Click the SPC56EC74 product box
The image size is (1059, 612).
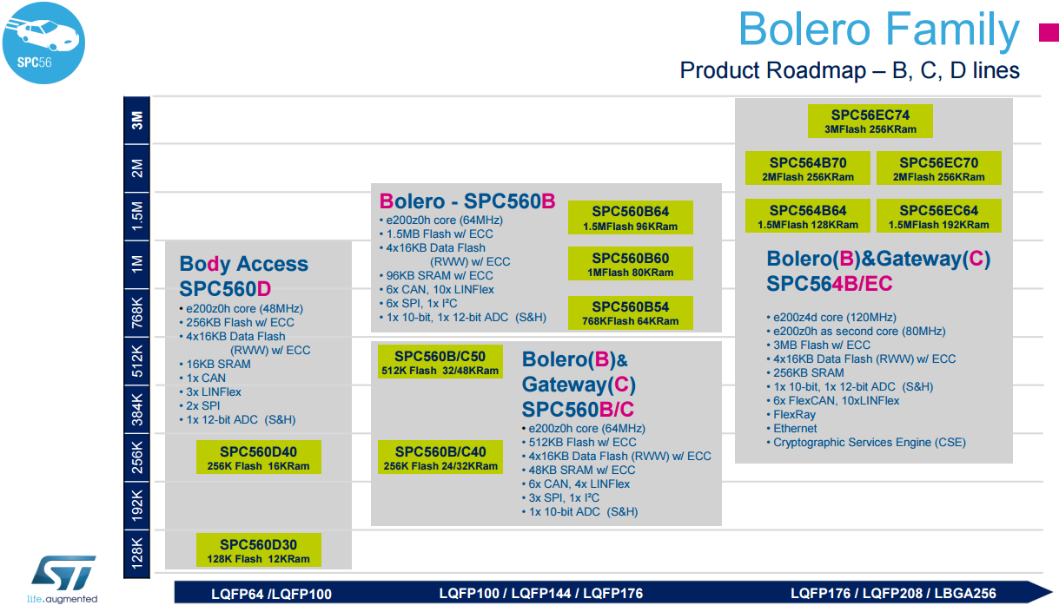click(x=870, y=121)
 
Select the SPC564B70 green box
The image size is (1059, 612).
click(x=807, y=168)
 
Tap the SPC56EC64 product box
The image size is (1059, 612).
click(x=938, y=216)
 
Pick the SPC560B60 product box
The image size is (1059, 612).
click(x=630, y=264)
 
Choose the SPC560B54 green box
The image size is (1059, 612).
click(x=630, y=313)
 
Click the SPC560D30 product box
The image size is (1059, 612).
click(x=259, y=550)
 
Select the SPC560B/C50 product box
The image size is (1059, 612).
click(x=440, y=361)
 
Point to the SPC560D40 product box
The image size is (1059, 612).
click(x=259, y=457)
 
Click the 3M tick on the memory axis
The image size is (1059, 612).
click(x=136, y=121)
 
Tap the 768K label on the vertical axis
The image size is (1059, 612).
click(x=136, y=313)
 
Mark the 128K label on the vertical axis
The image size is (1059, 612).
click(x=136, y=552)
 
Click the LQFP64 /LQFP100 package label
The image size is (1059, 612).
click(x=271, y=594)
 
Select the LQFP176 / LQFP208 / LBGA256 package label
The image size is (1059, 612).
click(x=893, y=593)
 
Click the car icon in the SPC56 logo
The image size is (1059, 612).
click(x=47, y=33)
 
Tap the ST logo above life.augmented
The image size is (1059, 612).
click(x=63, y=572)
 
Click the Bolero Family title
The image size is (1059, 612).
click(x=879, y=30)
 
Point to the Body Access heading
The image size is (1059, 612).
click(x=243, y=264)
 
